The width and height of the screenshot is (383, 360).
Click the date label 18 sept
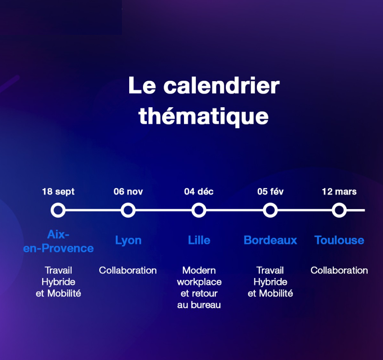click(58, 192)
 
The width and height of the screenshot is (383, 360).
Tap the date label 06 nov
click(128, 191)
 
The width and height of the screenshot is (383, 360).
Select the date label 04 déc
click(199, 191)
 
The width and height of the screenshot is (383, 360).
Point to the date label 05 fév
click(270, 191)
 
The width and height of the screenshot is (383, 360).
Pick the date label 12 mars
click(339, 191)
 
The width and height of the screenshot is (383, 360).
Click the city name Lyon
click(128, 241)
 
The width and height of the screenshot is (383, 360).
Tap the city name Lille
click(199, 240)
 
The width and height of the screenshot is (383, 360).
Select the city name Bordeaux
click(270, 240)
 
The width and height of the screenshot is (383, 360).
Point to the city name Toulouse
click(339, 240)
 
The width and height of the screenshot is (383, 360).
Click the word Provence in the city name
click(67, 249)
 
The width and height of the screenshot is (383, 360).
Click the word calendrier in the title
click(222, 86)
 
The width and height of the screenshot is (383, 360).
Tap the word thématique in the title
click(204, 116)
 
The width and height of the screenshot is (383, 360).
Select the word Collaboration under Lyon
click(128, 270)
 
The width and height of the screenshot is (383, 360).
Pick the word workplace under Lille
click(199, 282)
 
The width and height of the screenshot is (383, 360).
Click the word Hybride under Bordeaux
click(270, 282)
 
